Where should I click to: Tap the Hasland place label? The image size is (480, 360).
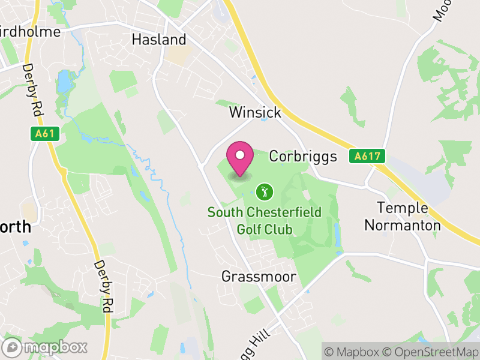coord(159,40)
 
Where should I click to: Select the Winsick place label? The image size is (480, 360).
coord(254,112)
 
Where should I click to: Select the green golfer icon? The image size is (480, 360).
coord(264,192)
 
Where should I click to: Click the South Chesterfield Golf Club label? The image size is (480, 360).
coord(264,221)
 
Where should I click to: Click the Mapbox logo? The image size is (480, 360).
coord(46,347)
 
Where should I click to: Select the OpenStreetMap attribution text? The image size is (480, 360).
coord(430,351)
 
